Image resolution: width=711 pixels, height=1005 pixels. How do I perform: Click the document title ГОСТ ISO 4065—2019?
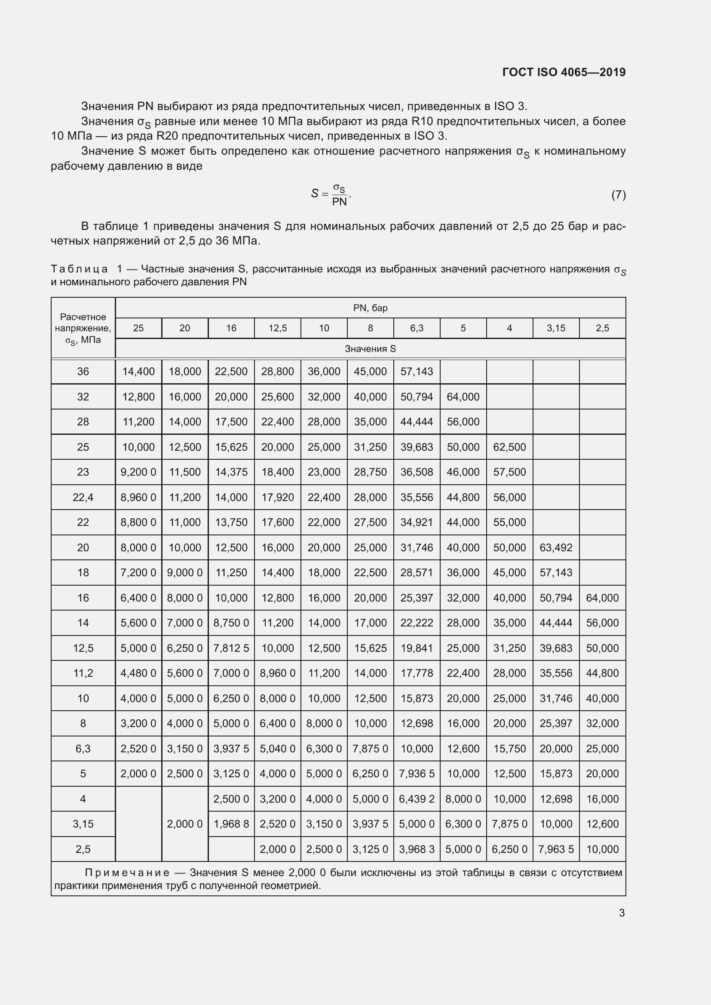(564, 72)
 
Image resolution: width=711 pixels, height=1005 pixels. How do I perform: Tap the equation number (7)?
(618, 194)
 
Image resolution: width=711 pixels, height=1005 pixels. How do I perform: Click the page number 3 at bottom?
(622, 913)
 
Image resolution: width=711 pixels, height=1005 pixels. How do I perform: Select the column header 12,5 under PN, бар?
(278, 328)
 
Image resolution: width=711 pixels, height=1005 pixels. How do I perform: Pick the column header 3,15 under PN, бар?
(556, 328)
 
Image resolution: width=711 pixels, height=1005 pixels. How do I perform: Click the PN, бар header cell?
(371, 308)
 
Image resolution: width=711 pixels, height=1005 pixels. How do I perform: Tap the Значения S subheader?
(371, 349)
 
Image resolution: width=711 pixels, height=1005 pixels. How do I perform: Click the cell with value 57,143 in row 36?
(417, 372)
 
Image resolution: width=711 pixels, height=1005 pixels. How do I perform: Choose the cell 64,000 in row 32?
(463, 397)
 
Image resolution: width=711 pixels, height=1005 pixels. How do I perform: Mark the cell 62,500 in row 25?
(510, 447)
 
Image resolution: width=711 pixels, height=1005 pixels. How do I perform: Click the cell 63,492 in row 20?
(556, 547)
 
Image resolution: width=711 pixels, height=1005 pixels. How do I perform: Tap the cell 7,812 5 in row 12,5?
(231, 648)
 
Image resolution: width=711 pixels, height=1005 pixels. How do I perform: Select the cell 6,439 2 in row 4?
(417, 799)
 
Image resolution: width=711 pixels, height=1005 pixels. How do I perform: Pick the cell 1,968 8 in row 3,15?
(231, 824)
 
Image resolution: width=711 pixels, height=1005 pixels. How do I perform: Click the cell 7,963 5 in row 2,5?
(556, 849)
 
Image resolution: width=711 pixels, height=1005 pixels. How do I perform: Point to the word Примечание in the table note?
(127, 873)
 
